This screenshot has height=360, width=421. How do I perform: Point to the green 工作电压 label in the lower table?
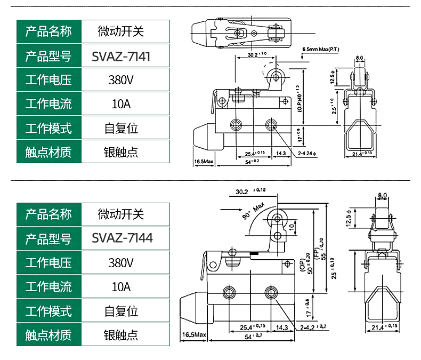point(48,262)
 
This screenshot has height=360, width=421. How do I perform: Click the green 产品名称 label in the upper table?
point(48,32)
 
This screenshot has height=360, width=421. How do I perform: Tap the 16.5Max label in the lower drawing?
point(194,334)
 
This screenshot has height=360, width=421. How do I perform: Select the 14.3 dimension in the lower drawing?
point(282,327)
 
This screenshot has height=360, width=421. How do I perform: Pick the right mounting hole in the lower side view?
point(270,292)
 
